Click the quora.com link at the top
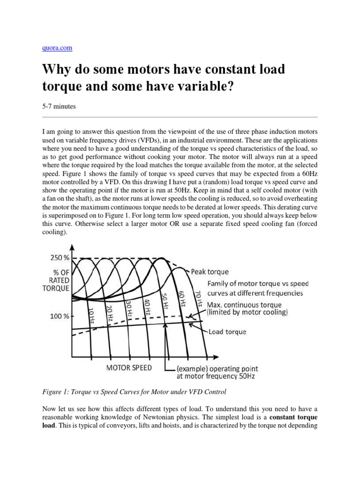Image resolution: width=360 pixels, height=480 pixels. click(x=57, y=48)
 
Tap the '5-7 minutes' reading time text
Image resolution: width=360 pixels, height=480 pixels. click(x=59, y=106)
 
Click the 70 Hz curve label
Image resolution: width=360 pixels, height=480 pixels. click(x=199, y=298)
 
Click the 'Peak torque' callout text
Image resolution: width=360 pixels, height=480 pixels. click(x=210, y=271)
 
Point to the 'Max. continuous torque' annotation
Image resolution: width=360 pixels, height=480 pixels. click(x=247, y=308)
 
